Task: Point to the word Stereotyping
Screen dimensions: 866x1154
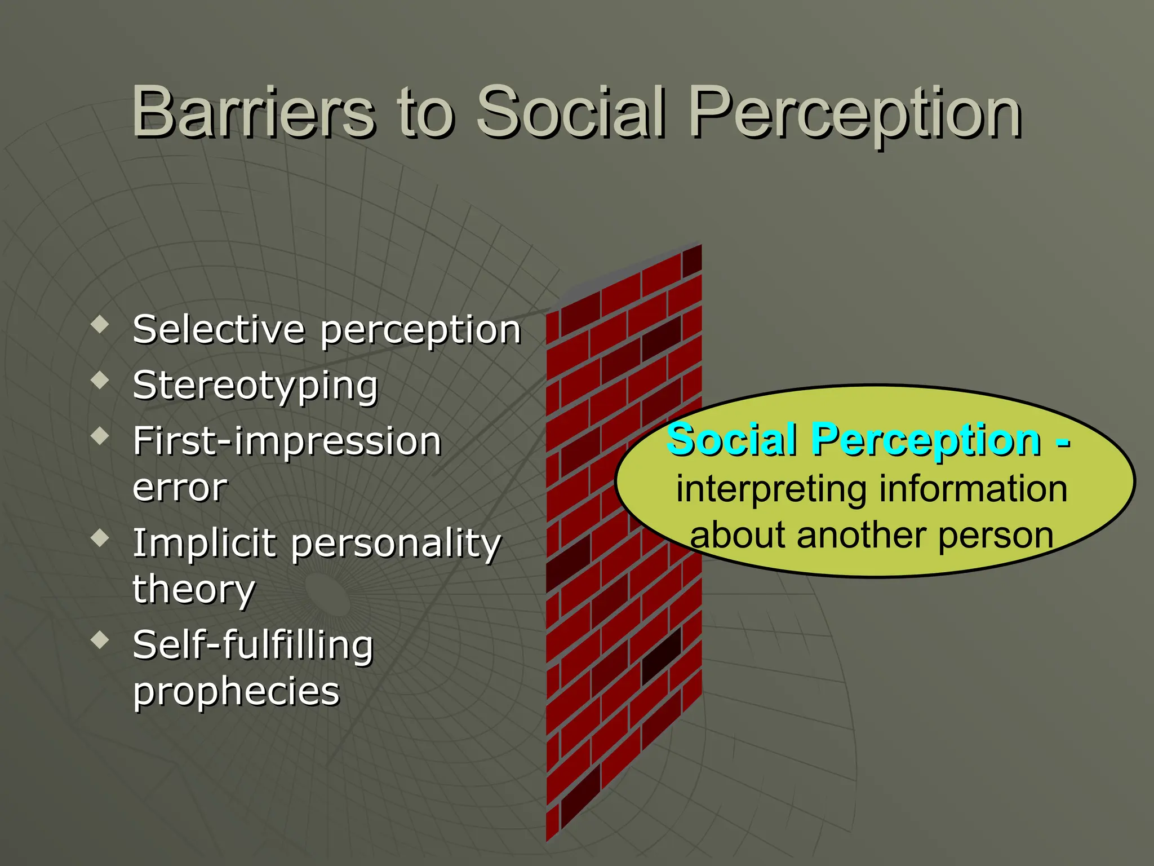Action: [x=255, y=387]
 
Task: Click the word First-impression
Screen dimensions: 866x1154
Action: [x=287, y=441]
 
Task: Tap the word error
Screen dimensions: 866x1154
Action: [x=180, y=487]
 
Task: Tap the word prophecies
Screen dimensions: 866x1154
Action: [x=236, y=692]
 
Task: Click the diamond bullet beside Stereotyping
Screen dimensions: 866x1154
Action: [x=100, y=381]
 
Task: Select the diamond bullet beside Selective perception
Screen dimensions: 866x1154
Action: [x=100, y=324]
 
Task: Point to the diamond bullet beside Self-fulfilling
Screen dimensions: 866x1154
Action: [x=100, y=640]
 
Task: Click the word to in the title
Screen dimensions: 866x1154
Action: [x=426, y=113]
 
